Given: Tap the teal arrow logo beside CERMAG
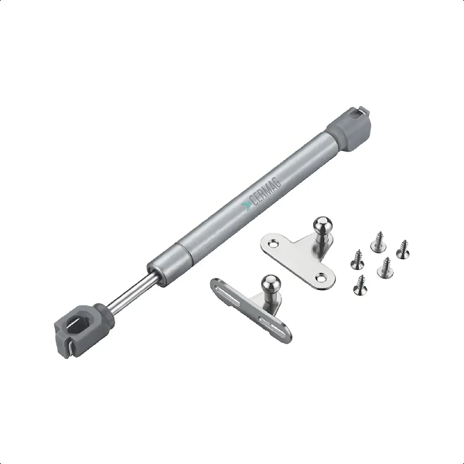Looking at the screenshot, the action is [246, 206].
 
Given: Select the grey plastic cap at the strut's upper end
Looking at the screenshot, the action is [350, 130].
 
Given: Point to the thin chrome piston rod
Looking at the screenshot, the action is [132, 293].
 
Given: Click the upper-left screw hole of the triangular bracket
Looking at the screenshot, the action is [272, 244].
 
